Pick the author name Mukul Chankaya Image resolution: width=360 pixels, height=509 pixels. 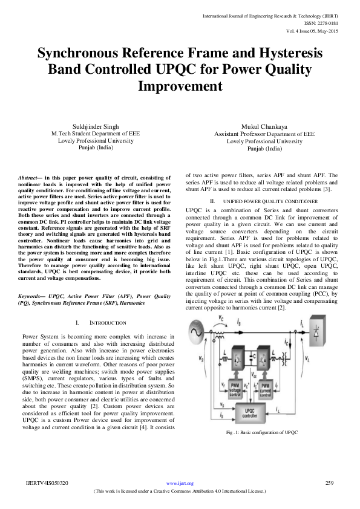pyautogui.click(x=264, y=126)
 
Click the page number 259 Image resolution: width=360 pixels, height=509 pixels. pyautogui.click(x=330, y=483)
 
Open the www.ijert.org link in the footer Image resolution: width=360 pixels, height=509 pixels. pyautogui.click(x=180, y=484)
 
